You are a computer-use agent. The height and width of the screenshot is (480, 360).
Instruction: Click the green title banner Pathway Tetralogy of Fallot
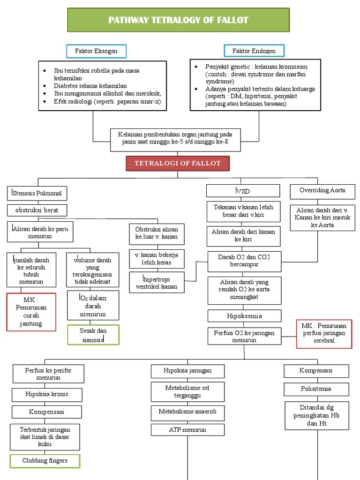(179, 20)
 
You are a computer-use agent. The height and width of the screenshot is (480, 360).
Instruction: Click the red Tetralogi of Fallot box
(178, 163)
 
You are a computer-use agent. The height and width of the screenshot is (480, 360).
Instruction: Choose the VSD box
(243, 191)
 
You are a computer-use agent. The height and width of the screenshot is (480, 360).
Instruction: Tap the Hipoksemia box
(244, 316)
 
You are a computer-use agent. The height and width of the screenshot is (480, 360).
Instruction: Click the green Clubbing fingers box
(45, 461)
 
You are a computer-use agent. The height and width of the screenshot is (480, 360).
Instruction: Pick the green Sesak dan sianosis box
(93, 335)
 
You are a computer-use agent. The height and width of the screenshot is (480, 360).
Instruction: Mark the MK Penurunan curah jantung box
(31, 312)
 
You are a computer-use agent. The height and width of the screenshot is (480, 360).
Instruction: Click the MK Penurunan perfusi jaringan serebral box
(324, 333)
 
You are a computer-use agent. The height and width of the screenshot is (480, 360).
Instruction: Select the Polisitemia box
(316, 389)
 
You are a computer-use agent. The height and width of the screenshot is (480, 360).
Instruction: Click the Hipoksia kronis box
(47, 394)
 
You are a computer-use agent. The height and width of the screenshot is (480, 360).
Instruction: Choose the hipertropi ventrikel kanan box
(157, 283)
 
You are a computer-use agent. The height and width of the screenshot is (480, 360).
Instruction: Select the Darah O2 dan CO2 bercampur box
(244, 261)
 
